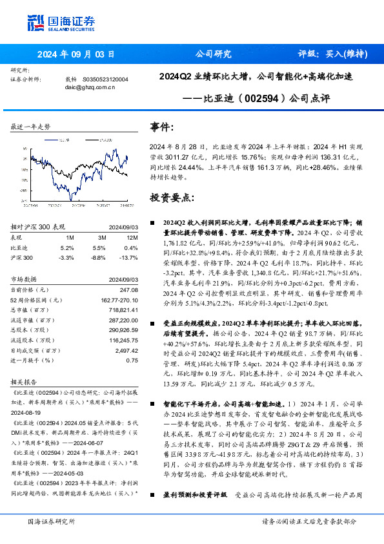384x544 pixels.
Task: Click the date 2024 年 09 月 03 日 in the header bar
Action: [76, 54]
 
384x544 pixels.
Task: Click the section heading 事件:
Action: [161, 128]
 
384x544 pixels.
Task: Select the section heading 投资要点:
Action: [171, 197]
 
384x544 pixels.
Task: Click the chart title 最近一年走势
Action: [30, 127]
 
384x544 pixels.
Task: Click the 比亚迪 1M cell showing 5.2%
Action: [67, 247]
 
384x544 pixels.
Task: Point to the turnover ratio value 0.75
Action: [132, 361]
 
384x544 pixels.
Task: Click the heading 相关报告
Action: [25, 381]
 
